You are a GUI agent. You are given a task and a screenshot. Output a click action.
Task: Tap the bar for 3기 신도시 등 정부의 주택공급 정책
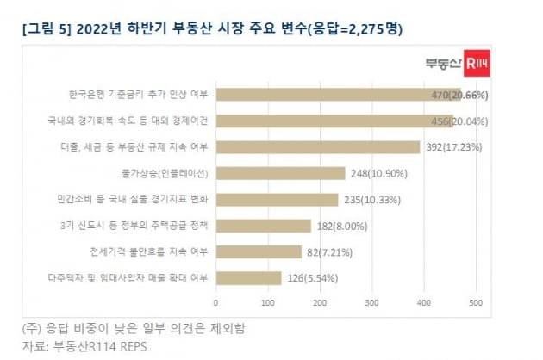[x=262, y=226]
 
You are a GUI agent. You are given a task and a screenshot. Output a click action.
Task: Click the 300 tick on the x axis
[x=371, y=303]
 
